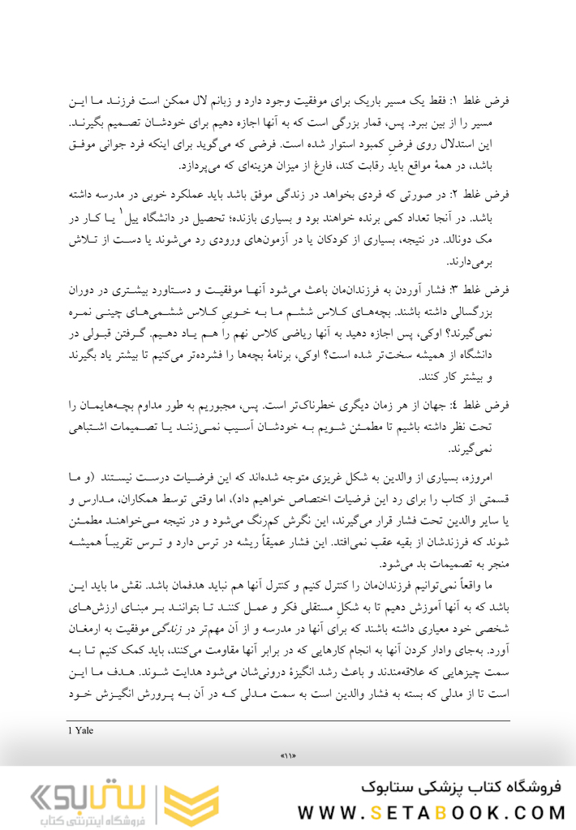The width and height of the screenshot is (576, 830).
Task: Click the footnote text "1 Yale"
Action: point(81,730)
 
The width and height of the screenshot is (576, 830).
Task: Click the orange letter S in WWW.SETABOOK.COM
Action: point(375,813)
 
